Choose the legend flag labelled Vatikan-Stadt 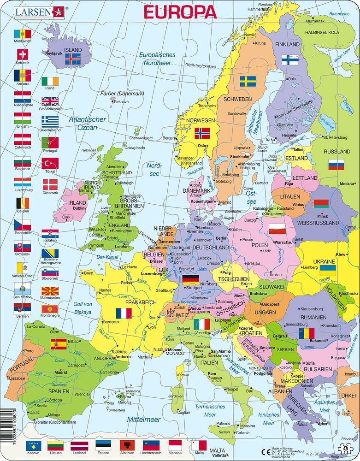pyautogui.click(x=22, y=268)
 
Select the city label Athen pyautogui.click(x=324, y=423)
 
